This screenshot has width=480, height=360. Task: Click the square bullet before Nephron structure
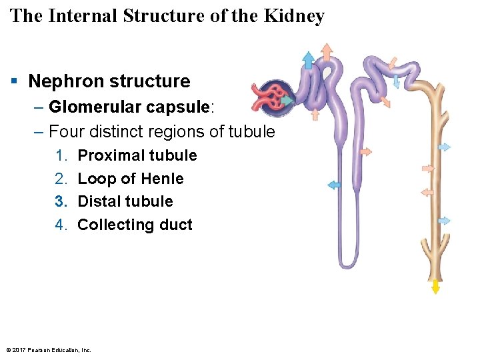(x=14, y=81)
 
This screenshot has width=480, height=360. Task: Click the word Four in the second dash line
(x=65, y=131)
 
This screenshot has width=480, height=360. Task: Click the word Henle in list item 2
(x=162, y=179)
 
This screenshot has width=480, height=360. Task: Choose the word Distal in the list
(x=99, y=201)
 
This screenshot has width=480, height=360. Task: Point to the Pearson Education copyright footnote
(x=48, y=350)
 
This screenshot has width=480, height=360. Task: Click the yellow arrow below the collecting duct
(x=435, y=286)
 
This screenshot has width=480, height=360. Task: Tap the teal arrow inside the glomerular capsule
(x=287, y=101)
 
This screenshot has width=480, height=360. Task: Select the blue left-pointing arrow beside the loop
(x=333, y=185)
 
